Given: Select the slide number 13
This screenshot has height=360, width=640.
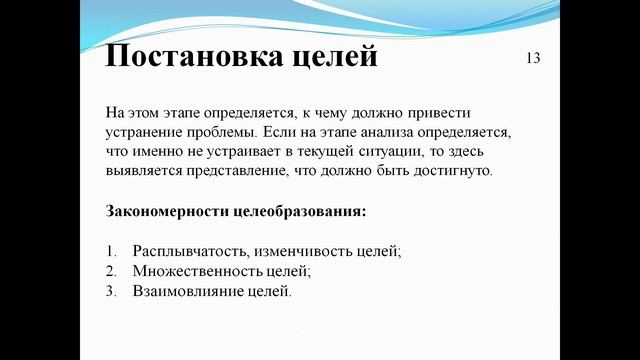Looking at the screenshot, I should [x=532, y=58].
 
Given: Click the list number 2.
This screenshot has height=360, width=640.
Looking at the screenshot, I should [x=109, y=272].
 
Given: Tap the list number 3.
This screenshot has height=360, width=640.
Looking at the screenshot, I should [x=109, y=292].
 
